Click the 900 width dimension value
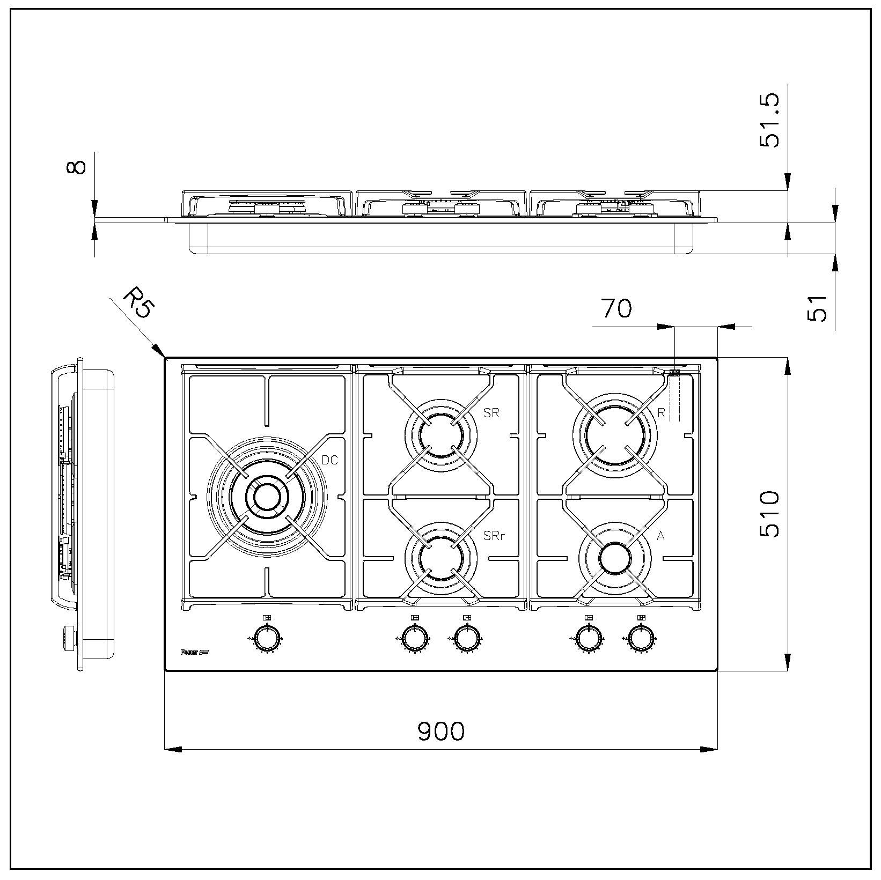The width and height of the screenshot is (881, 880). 440,730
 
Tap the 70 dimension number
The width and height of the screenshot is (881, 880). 616,308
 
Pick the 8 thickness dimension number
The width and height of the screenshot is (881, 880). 76,167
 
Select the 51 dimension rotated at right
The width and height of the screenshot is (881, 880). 817,307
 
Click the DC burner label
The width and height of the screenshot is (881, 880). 329,460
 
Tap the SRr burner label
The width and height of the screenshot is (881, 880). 494,535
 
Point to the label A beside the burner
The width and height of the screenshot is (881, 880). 660,535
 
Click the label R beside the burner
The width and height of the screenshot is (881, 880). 661,412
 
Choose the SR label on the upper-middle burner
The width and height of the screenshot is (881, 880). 491,412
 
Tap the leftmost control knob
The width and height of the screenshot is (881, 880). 267,639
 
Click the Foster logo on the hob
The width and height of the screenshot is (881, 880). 194,653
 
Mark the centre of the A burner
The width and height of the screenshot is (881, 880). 615,558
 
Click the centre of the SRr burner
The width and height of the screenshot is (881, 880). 440,558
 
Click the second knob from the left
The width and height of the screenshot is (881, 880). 414,639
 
